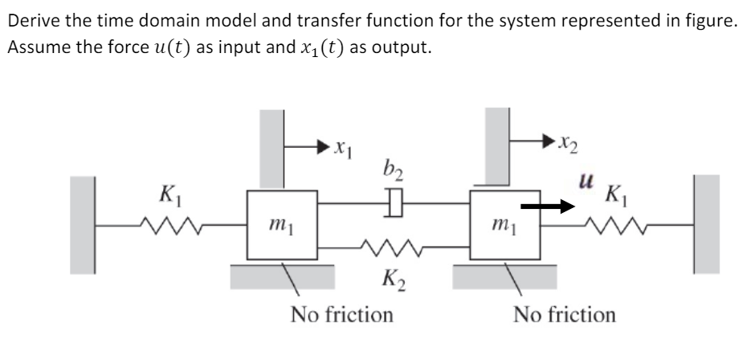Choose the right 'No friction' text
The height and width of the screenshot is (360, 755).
[565, 314]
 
